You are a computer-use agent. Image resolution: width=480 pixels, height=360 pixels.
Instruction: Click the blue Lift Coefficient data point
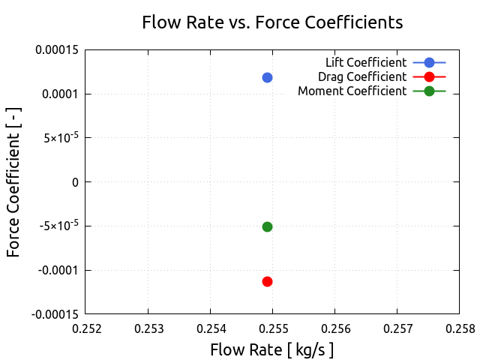click(267, 77)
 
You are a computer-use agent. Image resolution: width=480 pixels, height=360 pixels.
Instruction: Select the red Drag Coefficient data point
click(267, 281)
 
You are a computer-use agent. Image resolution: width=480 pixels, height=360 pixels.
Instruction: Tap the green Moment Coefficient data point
click(267, 226)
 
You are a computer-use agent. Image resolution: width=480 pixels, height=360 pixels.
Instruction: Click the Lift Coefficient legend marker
click(429, 62)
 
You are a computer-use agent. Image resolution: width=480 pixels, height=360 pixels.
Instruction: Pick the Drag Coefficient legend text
click(362, 76)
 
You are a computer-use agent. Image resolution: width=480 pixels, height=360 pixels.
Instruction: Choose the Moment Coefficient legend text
click(352, 91)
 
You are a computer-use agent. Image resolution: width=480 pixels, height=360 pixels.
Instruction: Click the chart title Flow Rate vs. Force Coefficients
click(272, 22)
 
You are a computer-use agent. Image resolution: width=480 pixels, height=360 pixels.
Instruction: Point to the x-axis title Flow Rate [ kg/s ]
click(271, 349)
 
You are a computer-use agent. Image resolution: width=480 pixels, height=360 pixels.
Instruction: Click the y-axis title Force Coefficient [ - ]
click(13, 181)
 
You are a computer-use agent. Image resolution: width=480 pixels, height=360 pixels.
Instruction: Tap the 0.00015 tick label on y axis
click(58, 50)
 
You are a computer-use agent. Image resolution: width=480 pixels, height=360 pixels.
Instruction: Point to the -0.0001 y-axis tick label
click(60, 270)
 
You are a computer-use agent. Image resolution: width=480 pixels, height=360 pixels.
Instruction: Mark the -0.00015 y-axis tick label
click(56, 313)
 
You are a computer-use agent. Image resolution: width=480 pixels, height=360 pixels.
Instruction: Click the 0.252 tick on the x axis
click(85, 328)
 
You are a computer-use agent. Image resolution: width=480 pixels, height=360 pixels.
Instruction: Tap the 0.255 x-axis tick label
click(272, 328)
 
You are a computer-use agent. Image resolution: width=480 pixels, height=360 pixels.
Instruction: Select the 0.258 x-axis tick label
click(459, 328)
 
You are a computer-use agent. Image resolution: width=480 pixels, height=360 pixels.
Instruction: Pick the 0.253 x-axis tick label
click(148, 328)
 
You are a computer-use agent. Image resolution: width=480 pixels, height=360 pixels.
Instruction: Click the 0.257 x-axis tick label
click(397, 328)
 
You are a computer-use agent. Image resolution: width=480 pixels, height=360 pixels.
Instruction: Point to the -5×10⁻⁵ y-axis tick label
click(60, 226)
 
